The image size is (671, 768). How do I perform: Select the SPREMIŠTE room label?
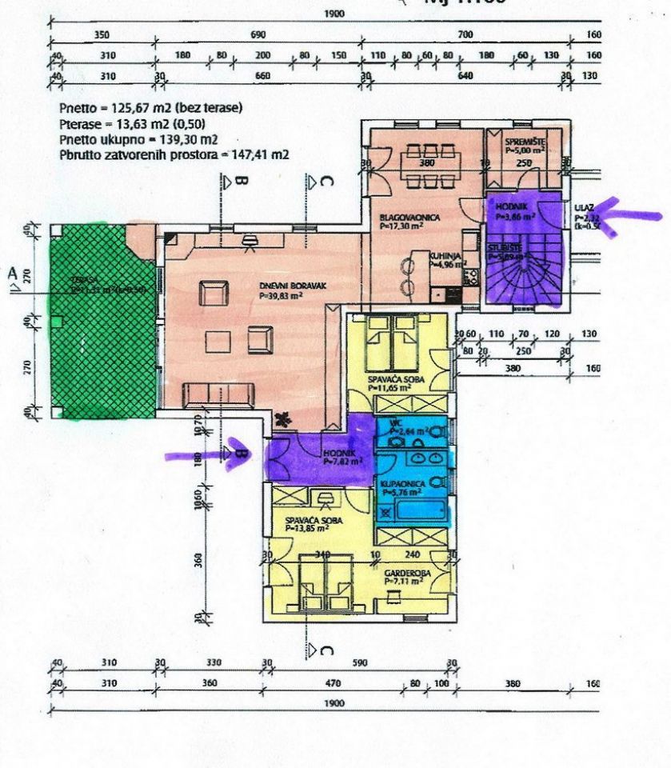click(x=524, y=139)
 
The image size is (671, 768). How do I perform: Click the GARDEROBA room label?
click(x=402, y=573)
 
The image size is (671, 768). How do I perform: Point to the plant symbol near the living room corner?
click(x=282, y=418)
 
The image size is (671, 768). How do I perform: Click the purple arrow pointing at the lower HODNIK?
click(x=200, y=454)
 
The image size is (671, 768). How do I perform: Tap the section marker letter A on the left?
click(x=13, y=274)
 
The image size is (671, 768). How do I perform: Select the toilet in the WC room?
click(x=436, y=431)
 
